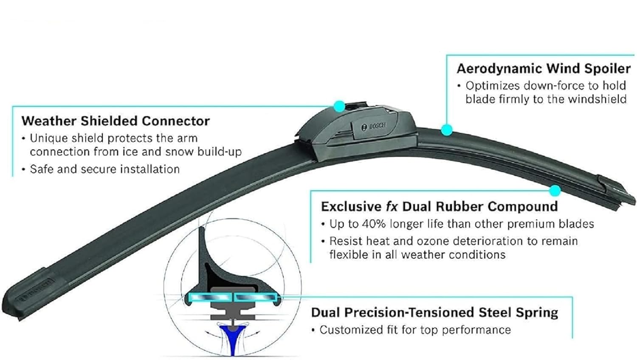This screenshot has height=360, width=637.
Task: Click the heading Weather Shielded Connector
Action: (x=116, y=121)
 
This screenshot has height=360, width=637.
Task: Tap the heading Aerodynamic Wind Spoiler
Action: (x=544, y=68)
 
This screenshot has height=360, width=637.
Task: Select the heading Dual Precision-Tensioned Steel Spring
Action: (x=434, y=312)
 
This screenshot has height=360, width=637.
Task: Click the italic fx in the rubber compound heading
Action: (x=392, y=206)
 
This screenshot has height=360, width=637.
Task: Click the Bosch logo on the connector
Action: (x=374, y=127)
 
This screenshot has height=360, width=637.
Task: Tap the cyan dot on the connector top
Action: (x=339, y=107)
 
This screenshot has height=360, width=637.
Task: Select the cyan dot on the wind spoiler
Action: (x=447, y=130)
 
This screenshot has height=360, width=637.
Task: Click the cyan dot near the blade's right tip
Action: (x=555, y=191)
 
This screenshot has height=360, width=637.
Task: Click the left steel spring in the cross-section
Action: (x=210, y=298)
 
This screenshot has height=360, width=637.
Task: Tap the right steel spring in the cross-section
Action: (x=255, y=298)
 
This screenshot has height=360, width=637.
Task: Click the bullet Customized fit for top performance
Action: (x=412, y=330)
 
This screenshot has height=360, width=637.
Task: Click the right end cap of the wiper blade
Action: (x=616, y=191)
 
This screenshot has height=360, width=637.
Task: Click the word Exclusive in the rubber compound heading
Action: (x=351, y=206)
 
